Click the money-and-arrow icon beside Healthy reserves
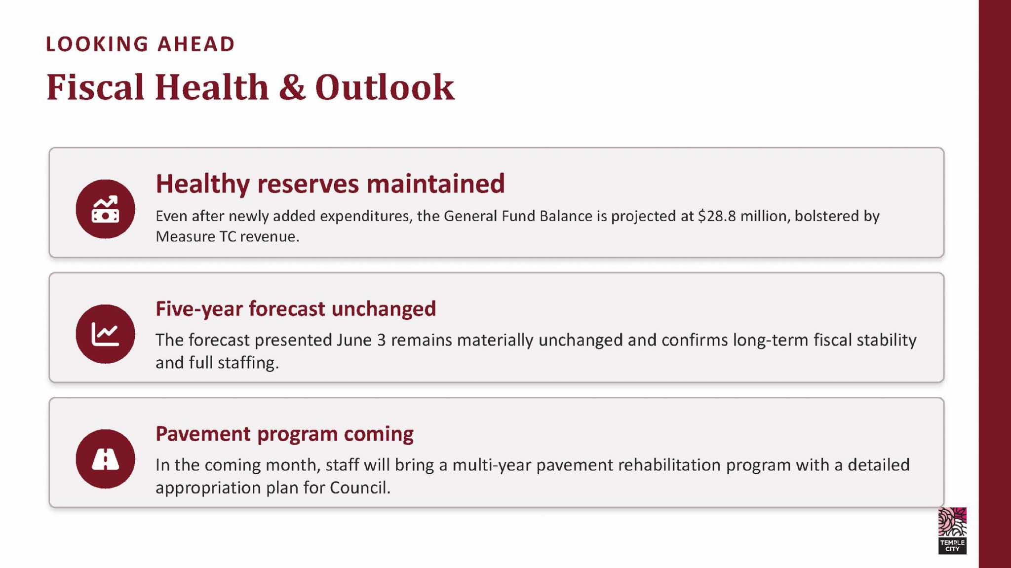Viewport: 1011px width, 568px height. point(105,209)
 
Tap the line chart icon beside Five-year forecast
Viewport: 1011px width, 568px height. point(105,334)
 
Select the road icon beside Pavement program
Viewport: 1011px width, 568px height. point(105,459)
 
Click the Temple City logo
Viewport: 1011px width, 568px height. point(952,530)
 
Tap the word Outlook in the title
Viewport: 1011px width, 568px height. point(385,87)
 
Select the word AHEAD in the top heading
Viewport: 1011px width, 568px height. point(196,44)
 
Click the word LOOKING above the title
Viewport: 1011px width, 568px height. point(97,44)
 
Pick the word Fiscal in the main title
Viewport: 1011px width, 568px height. point(95,87)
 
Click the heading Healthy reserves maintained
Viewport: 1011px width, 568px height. point(330,184)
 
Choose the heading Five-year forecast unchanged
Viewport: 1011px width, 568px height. point(296,309)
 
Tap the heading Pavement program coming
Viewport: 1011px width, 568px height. point(284,434)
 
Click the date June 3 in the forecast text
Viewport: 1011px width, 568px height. point(361,340)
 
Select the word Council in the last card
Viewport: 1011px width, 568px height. point(360,488)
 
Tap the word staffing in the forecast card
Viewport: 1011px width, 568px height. point(248,363)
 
